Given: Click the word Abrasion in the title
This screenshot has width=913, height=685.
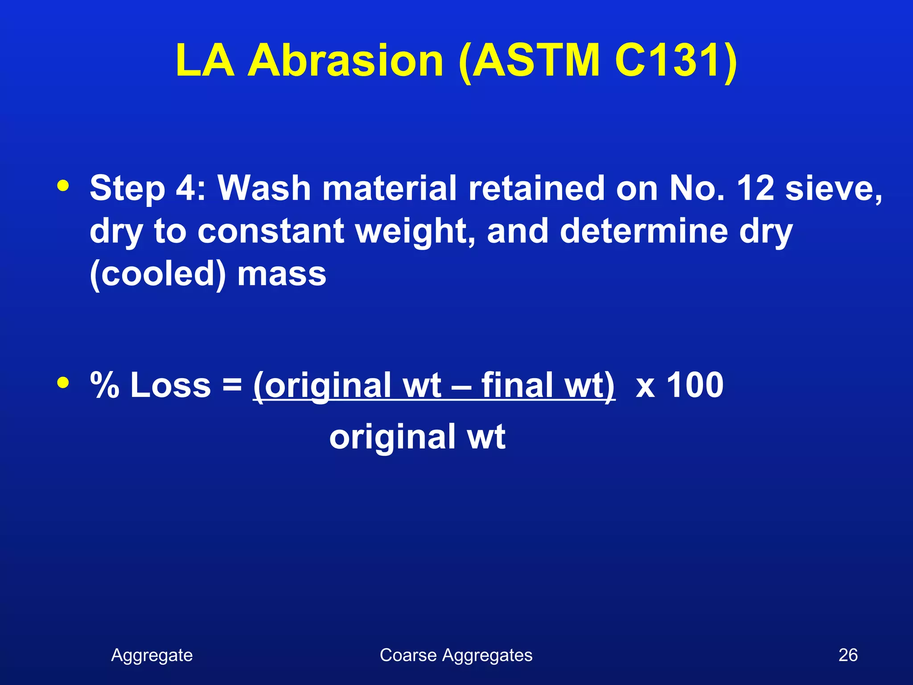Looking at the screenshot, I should [x=345, y=61].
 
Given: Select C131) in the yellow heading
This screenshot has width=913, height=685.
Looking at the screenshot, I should [x=676, y=61].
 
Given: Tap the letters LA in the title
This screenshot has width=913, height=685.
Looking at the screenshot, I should [x=205, y=61].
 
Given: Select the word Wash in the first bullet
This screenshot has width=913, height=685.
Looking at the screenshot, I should [x=264, y=188].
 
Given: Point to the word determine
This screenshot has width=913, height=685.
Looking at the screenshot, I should [x=644, y=231].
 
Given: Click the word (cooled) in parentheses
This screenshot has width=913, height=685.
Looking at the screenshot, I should [x=158, y=275].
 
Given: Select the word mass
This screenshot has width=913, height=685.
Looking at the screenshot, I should [x=282, y=275].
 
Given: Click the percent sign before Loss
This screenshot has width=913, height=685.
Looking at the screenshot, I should [x=105, y=385].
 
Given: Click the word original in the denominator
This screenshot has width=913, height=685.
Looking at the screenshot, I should [x=392, y=437].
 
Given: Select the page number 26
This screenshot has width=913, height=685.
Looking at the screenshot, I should [x=848, y=655].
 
